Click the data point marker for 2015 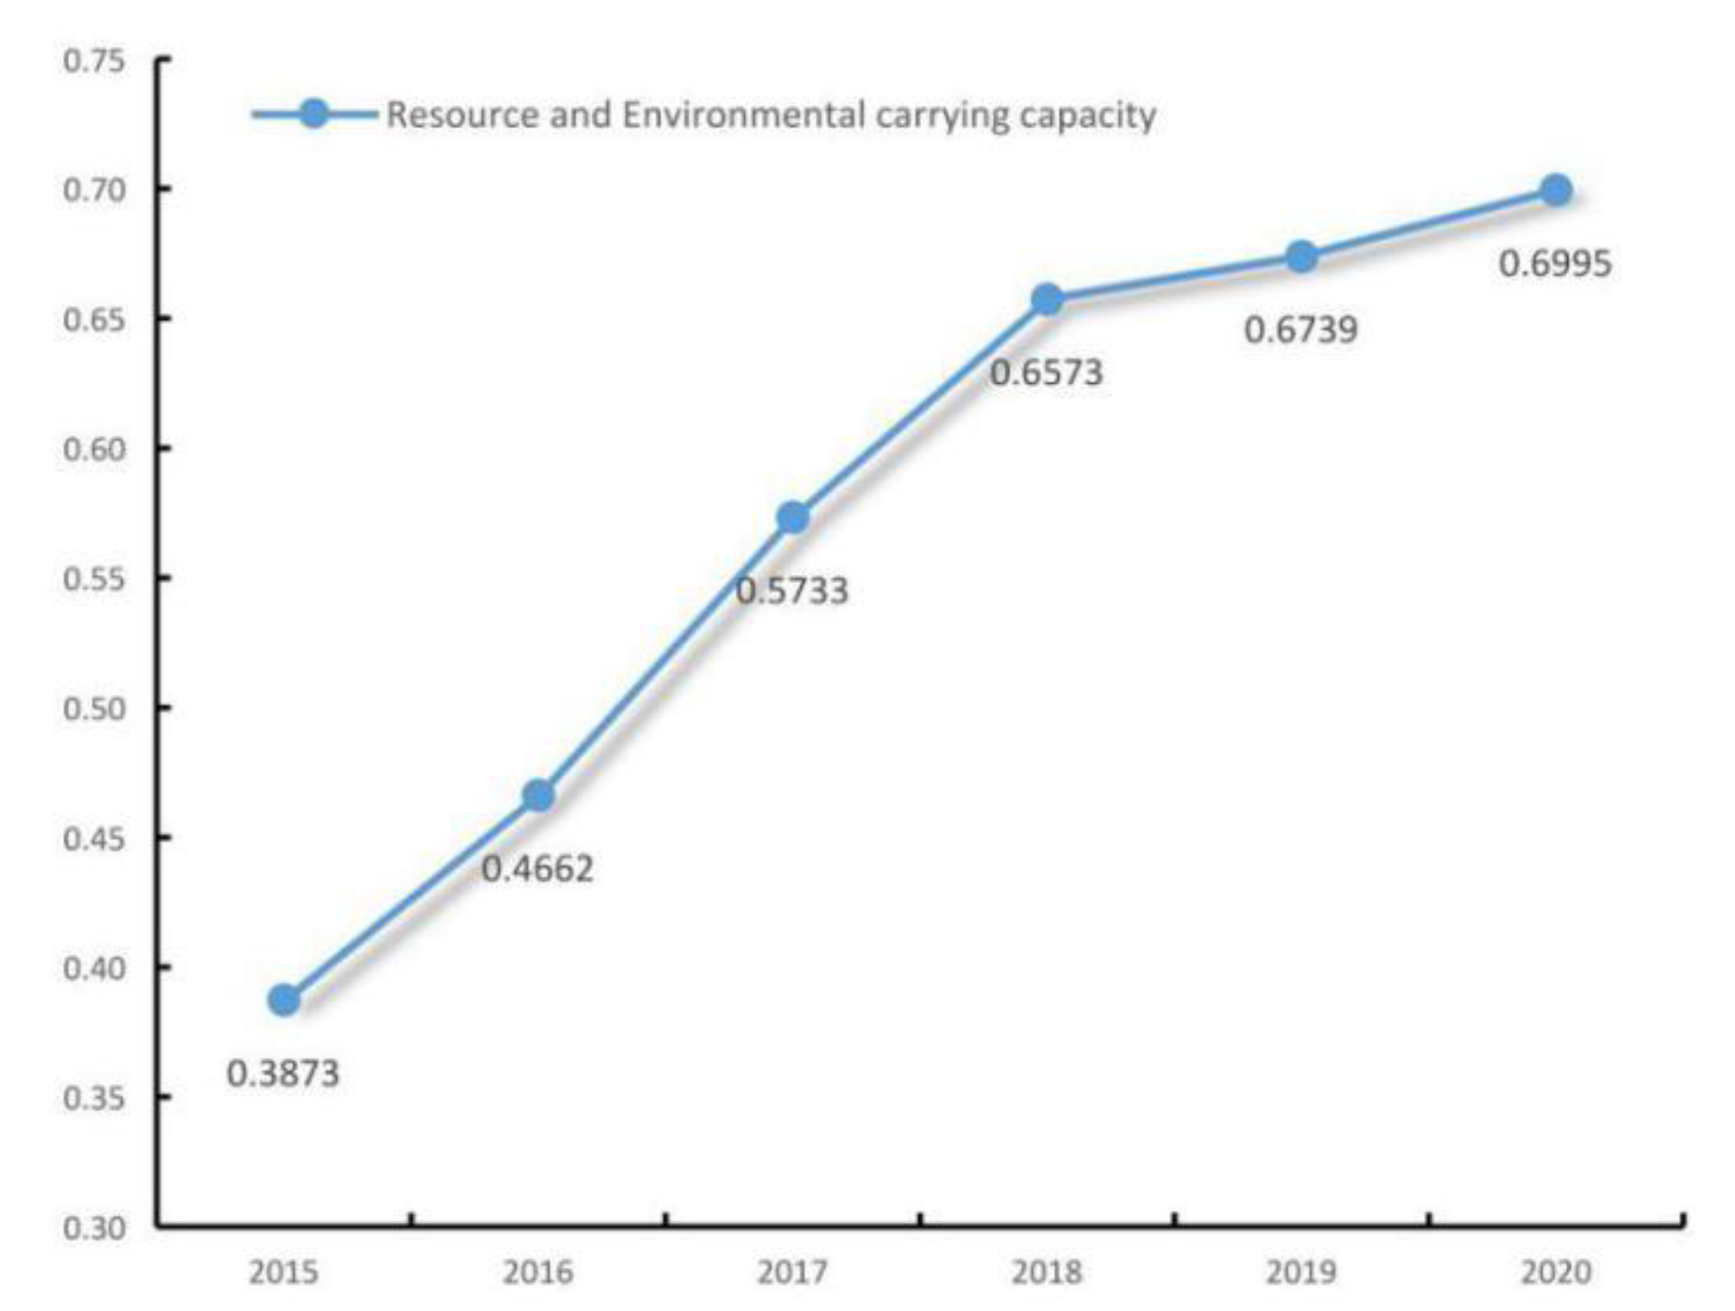284,1000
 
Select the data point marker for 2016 538,796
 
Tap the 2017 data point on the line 793,519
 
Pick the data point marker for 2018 1047,300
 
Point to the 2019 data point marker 1301,257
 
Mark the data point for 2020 1556,190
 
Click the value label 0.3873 283,1074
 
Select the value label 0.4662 537,869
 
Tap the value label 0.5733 791,591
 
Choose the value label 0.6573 1046,373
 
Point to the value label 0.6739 1300,330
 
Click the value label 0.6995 1554,264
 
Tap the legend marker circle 315,114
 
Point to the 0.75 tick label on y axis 94,61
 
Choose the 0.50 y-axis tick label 94,709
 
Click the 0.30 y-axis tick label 94,1228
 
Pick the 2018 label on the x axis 1046,1272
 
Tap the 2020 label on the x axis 1555,1272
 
